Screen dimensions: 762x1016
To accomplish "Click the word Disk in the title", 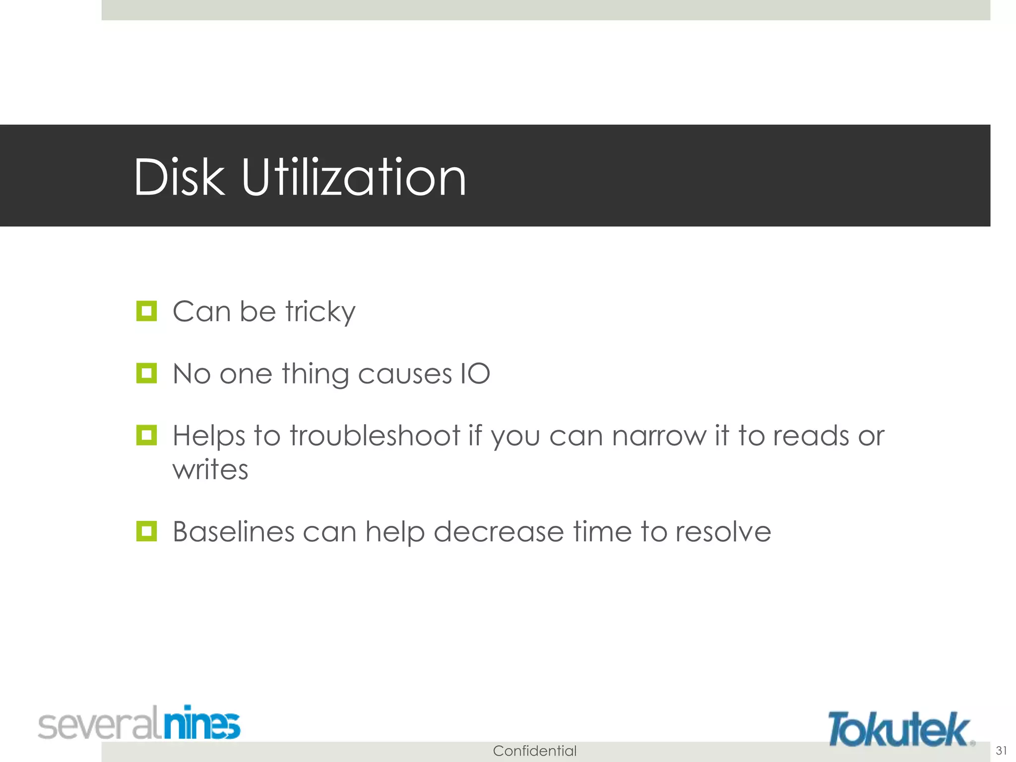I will pos(179,178).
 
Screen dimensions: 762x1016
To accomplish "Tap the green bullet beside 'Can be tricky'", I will pos(146,311).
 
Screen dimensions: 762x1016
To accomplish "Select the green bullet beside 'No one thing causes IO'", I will pos(146,373).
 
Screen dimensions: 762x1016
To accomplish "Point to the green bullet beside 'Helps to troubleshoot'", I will pos(146,435).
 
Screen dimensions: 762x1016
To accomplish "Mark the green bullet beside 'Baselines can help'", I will pos(146,531).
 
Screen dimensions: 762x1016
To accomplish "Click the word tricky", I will pos(320,313).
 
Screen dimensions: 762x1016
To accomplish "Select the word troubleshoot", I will pos(375,436).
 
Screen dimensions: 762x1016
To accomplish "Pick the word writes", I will pos(210,469).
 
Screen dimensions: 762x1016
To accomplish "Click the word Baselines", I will pos(234,532).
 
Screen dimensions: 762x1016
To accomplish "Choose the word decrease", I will pos(499,532).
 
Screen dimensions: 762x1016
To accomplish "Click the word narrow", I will pos(659,436).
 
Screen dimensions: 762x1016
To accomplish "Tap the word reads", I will pos(811,436).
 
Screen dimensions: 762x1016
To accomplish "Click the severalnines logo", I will pos(139,723).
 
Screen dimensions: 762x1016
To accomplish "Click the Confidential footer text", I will pos(534,751).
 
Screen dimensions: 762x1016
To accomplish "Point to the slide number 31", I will pos(1001,750).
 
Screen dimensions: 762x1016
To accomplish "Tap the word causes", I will pos(405,374).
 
